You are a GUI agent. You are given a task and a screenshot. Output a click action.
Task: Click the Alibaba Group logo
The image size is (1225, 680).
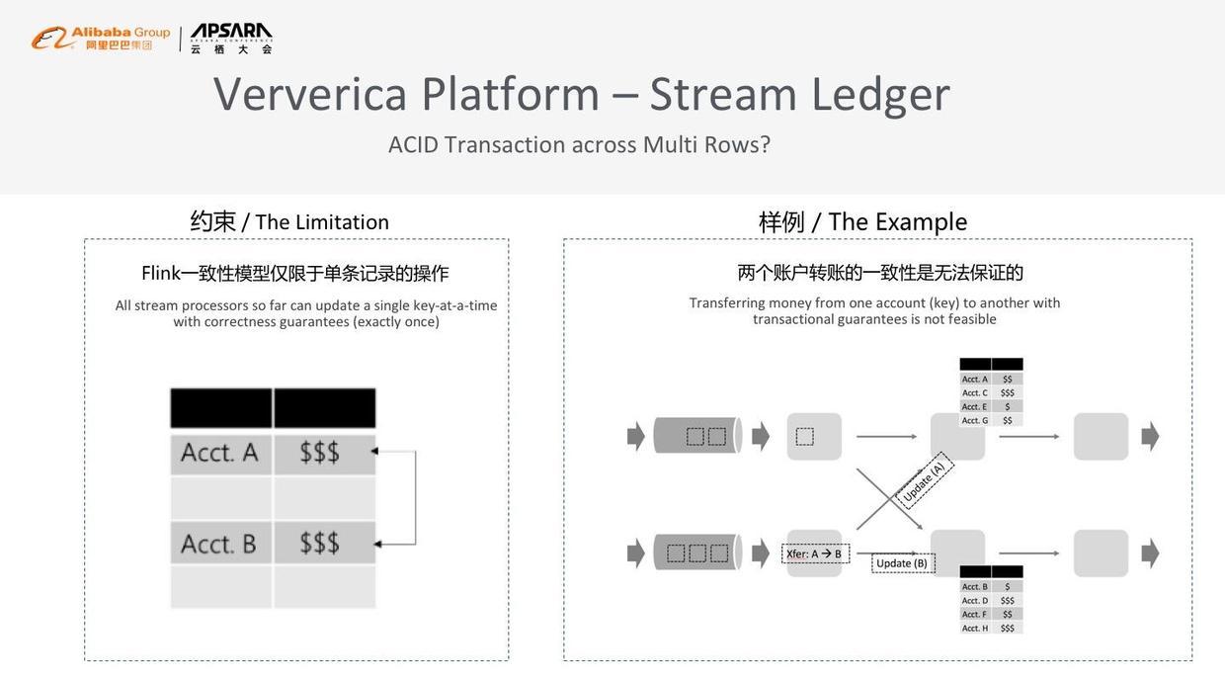click(x=100, y=39)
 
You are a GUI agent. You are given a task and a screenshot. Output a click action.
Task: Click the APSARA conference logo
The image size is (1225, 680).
click(x=231, y=39)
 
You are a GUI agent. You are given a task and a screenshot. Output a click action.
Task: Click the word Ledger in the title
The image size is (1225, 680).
click(x=880, y=94)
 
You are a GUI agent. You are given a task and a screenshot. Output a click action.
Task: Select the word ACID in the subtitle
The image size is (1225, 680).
click(x=413, y=144)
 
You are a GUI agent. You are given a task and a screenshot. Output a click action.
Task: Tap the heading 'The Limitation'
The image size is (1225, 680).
click(x=322, y=222)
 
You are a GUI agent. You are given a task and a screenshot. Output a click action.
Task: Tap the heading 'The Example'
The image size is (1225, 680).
click(x=897, y=222)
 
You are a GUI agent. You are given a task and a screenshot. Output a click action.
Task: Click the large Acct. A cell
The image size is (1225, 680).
click(x=220, y=453)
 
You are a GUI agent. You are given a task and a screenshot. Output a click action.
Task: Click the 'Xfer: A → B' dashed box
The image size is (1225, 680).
click(x=815, y=553)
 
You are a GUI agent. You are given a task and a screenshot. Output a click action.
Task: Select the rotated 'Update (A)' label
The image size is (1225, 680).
click(x=925, y=481)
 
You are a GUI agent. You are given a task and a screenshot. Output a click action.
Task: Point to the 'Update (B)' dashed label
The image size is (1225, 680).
click(x=902, y=563)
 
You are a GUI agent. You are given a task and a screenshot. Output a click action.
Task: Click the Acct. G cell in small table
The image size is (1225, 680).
click(x=975, y=420)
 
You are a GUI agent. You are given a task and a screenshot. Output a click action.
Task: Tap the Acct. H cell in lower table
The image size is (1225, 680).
click(x=975, y=628)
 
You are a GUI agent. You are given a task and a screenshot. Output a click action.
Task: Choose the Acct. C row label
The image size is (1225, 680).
click(x=975, y=392)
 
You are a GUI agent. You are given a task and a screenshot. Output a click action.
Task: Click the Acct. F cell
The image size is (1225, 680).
click(x=975, y=614)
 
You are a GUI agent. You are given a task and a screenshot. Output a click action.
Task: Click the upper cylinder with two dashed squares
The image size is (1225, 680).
click(x=697, y=436)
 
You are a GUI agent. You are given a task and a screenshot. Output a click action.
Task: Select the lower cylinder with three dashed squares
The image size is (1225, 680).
click(x=697, y=552)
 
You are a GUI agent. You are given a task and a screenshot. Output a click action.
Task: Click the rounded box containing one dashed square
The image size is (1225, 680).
click(x=814, y=436)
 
